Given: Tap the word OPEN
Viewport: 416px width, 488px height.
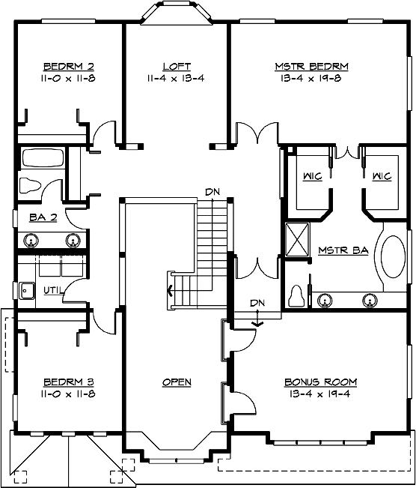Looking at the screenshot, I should click(x=177, y=382).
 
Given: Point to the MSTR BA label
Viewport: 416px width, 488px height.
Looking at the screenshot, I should click(x=343, y=250).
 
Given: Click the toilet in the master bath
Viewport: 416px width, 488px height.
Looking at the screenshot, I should click(x=297, y=297).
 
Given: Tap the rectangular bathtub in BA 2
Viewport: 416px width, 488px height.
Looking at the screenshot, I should click(x=43, y=158).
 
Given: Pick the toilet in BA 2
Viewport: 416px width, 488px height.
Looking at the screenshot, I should click(x=32, y=184).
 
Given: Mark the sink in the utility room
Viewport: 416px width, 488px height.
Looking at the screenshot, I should click(x=28, y=289).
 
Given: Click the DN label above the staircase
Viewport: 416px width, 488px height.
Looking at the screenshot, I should click(x=212, y=193).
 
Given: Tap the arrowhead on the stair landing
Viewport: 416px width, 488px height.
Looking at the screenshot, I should click(x=171, y=291).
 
